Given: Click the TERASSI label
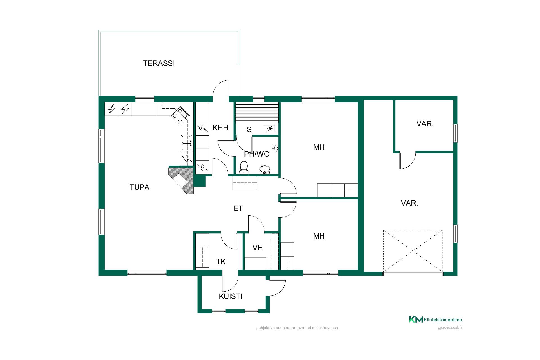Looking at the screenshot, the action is coord(159,63).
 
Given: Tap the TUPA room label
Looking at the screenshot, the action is coord(139,187).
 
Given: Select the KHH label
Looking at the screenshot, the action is coord(220,128).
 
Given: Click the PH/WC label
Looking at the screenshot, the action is coord(256,154).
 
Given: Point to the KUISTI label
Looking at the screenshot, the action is coord(231,296).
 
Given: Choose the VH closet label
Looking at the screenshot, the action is coord(258,248).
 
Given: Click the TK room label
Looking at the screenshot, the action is coord(221,262).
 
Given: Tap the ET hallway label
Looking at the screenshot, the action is coord(238,208).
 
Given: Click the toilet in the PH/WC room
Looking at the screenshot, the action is coord(244,167).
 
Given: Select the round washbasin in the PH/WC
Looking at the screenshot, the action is coord(265,170).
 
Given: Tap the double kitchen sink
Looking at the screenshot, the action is coord(186,143).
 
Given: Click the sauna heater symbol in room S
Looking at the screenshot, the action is coord(270,129).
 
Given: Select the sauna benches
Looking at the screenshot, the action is coord(257,113).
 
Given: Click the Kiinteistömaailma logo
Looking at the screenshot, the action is coord(435,319).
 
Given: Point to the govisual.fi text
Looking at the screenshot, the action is coord(450,328).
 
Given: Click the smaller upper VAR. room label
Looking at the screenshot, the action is coord(425,124).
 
